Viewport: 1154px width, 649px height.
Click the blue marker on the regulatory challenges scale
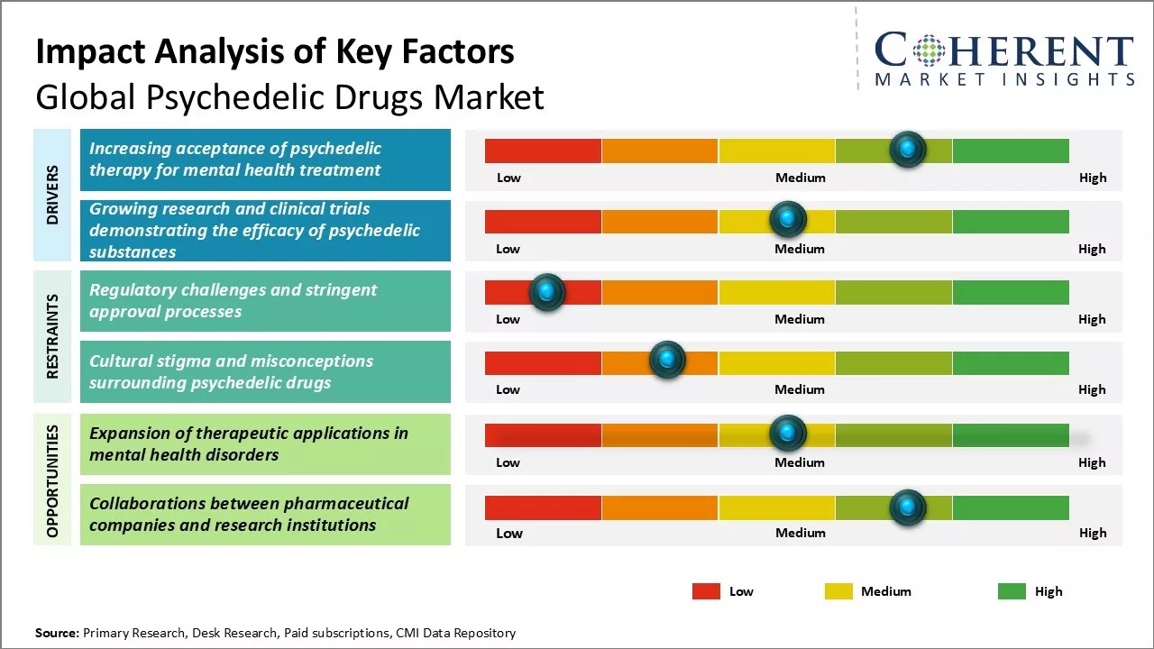click(546, 292)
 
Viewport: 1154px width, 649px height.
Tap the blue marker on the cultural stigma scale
click(667, 361)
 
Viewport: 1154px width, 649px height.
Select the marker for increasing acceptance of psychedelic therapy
click(908, 149)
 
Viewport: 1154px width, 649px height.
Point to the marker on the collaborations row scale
click(908, 507)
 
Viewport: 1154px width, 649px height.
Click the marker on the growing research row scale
click(788, 218)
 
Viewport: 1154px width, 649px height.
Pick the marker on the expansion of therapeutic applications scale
click(788, 434)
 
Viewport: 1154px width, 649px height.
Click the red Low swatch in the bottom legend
click(706, 591)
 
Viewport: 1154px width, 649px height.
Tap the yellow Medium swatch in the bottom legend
click(838, 591)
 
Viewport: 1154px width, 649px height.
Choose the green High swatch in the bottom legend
click(1012, 591)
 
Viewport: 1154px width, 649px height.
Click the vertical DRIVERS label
click(53, 195)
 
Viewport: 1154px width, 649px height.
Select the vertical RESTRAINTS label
click(53, 336)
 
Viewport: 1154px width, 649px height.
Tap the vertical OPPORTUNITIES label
click(53, 481)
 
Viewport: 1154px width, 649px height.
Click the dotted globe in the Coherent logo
click(930, 50)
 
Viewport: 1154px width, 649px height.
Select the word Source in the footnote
click(57, 633)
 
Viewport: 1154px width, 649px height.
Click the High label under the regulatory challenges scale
click(1092, 319)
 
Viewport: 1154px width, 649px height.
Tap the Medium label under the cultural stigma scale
click(800, 389)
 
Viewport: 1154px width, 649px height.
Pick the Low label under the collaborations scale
click(509, 533)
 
